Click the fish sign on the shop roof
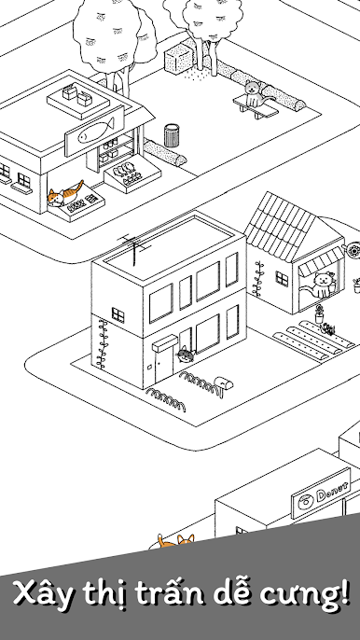(94, 131)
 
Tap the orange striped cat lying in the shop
(65, 194)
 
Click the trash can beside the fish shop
(172, 135)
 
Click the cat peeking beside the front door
(185, 354)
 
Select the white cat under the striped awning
(321, 285)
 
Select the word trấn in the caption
(176, 594)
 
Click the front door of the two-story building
(164, 366)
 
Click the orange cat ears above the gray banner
(176, 540)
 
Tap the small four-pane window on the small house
(282, 279)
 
